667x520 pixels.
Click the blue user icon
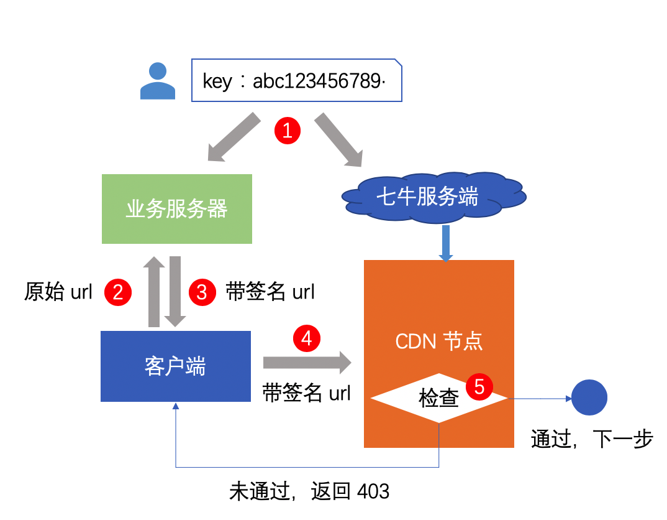coord(158,81)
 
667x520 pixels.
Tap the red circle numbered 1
coord(288,130)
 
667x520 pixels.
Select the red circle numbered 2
coord(118,292)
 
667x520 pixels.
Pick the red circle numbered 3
coord(201,292)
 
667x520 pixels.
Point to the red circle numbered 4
coord(306,338)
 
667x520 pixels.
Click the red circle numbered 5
coord(479,386)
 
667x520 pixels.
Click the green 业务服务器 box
coord(177,209)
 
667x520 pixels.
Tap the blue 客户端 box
coord(176,366)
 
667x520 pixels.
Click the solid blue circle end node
coord(589,397)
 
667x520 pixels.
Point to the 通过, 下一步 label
coord(592,439)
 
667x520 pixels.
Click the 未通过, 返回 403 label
coord(309,491)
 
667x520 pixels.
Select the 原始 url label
coord(58,292)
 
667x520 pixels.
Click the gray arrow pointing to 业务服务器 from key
coord(233,138)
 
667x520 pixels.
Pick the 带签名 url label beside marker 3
coord(270,292)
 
